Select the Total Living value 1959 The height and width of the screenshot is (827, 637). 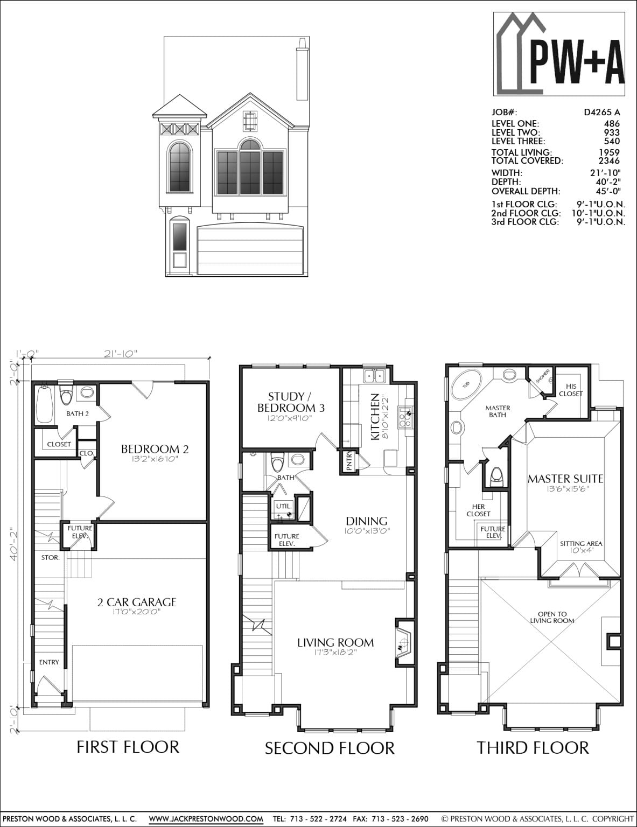611,153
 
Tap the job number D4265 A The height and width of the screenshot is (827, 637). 601,113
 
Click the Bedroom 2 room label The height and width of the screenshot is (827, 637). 155,448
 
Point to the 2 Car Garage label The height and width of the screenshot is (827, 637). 137,602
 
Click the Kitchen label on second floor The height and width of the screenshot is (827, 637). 375,417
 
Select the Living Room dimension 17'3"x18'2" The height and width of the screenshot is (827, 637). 335,653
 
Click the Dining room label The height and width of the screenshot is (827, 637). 366,521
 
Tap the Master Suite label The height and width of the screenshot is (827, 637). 565,478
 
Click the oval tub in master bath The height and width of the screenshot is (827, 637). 461,384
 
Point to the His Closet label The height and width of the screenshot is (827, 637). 571,390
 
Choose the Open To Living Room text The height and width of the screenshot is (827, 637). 552,617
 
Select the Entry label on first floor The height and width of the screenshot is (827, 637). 49,662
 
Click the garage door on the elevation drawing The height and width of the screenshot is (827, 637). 250,251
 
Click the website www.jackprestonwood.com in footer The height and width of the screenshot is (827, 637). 206,819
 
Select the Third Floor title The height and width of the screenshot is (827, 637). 533,747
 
